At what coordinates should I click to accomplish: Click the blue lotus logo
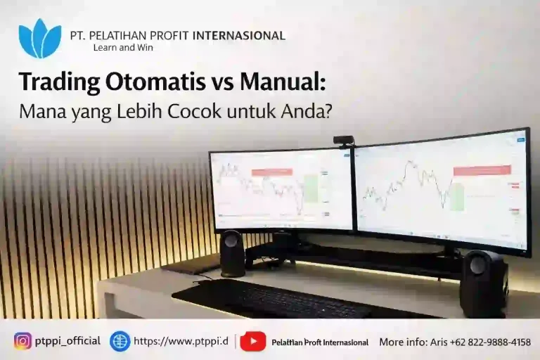pos(39,39)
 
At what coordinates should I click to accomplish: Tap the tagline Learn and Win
pos(122,48)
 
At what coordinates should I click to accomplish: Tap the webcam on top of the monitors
pos(343,141)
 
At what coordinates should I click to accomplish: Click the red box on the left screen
pos(271,172)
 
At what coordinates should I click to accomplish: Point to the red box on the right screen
pos(482,170)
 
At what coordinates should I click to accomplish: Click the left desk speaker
pos(232,253)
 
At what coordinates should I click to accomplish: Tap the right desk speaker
pos(483,281)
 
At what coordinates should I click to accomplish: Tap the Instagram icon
pos(23,341)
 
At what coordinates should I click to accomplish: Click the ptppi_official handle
pos(68,341)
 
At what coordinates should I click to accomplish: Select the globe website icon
pos(120,341)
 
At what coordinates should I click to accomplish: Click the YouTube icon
pos(252,341)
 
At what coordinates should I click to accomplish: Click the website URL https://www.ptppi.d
pos(181,341)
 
